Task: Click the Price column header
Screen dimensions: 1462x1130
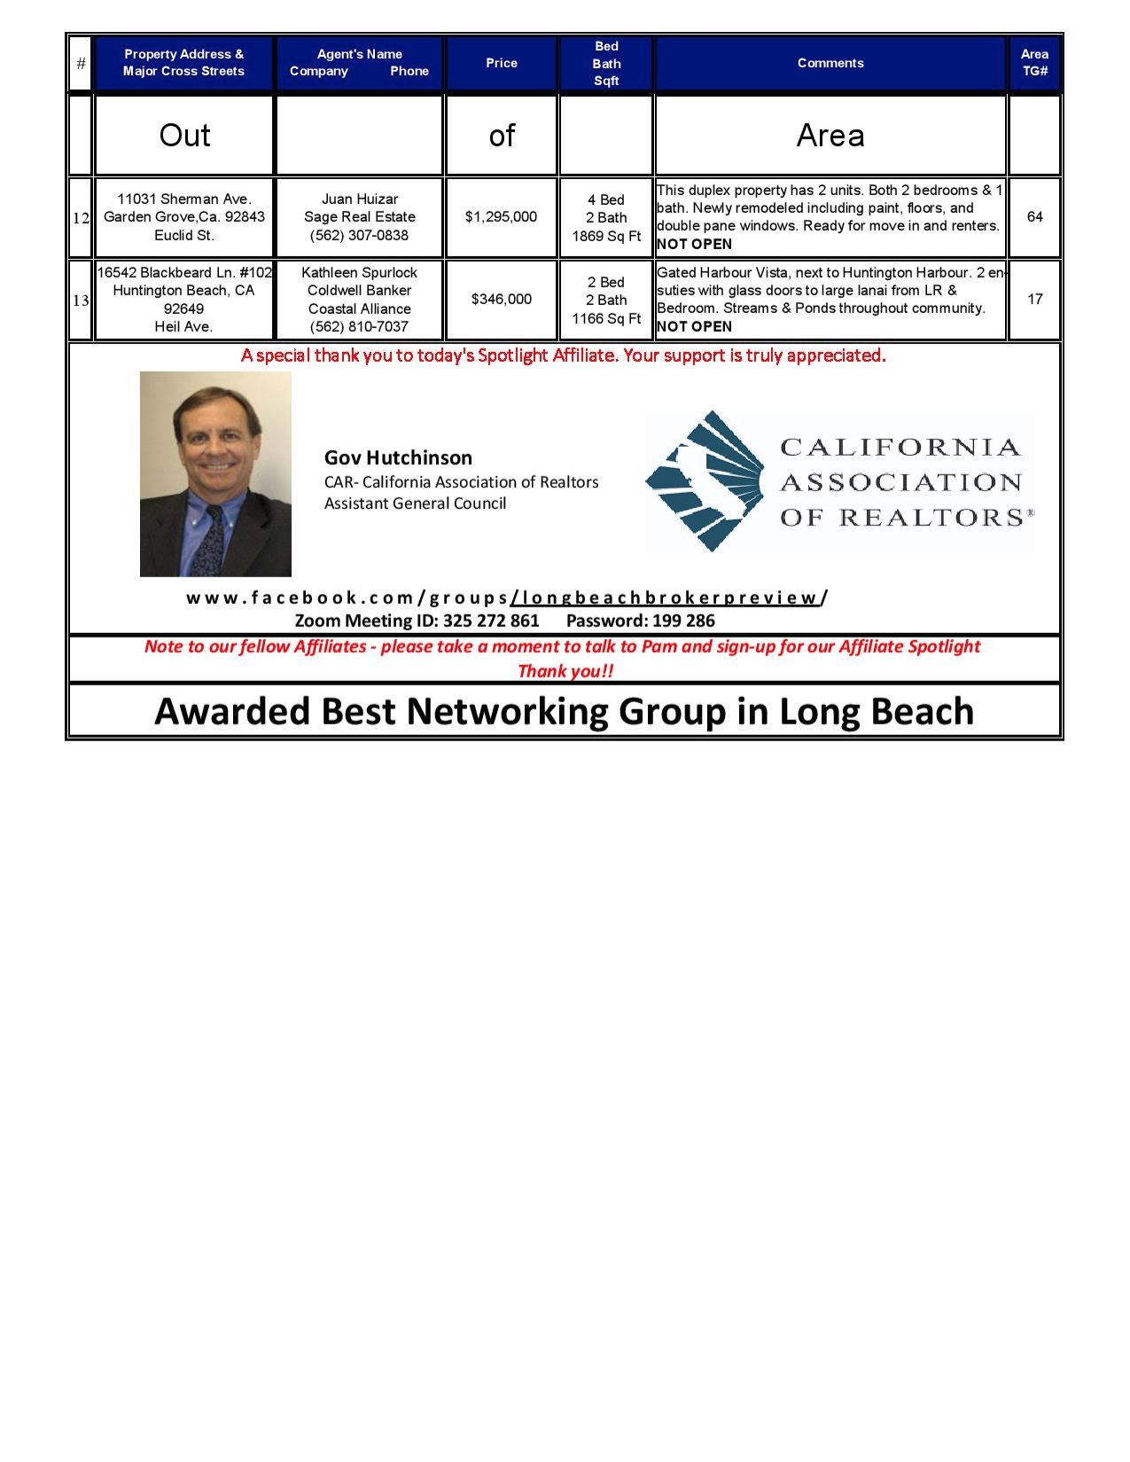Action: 502,63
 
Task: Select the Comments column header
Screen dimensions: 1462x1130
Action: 830,63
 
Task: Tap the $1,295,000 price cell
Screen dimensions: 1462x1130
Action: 502,217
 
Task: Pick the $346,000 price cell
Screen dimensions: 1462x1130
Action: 502,300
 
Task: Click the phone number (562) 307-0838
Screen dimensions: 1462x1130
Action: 359,236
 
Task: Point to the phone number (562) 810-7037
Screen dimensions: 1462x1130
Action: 359,327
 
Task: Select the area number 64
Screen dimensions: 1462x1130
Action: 1034,217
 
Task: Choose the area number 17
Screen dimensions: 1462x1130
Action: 1034,300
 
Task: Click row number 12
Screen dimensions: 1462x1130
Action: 81,218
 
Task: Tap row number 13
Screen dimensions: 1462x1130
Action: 81,301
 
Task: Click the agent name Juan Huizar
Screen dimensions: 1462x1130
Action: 359,199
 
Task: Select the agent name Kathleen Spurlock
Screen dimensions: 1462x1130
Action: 359,273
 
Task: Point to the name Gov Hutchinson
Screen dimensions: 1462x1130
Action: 398,458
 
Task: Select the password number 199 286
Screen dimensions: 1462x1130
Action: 683,621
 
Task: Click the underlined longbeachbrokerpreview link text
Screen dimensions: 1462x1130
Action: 666,598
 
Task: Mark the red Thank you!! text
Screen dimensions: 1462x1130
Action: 565,671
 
